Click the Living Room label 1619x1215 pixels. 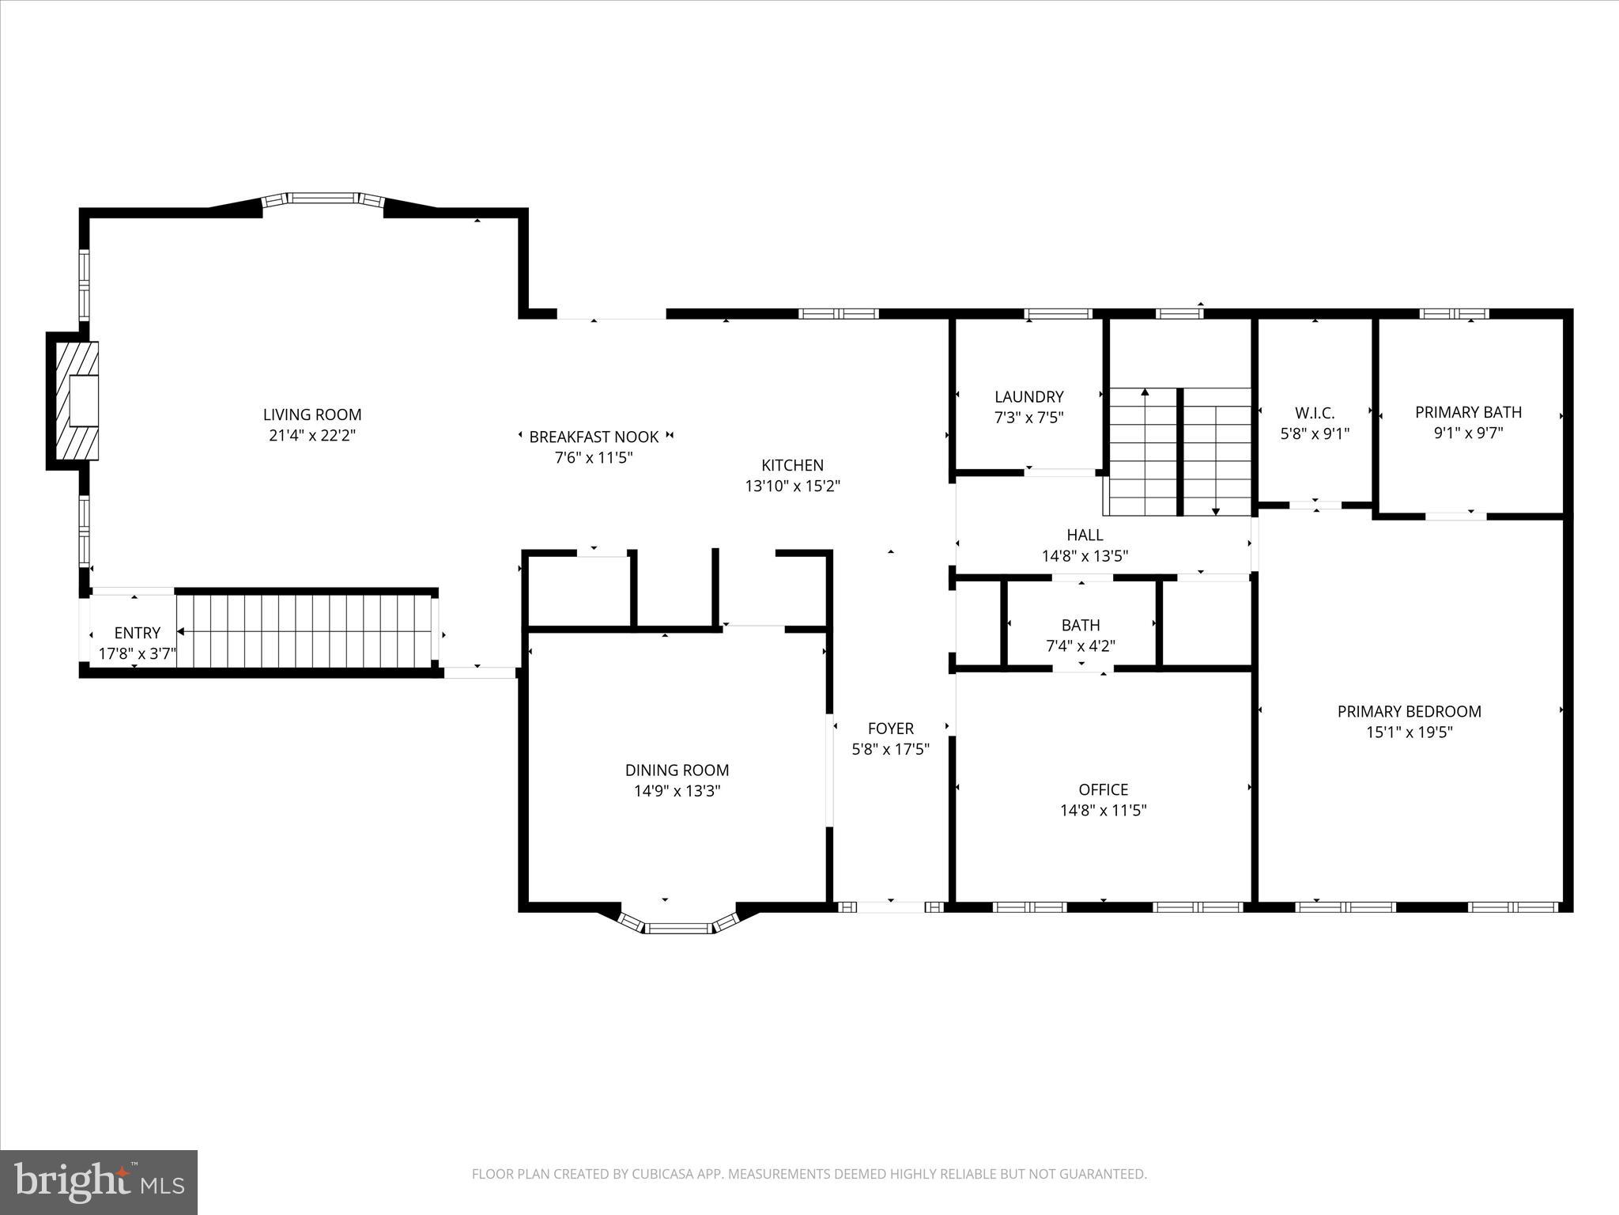click(311, 414)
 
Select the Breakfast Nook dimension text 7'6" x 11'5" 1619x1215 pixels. click(594, 457)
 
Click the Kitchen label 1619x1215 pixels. click(792, 465)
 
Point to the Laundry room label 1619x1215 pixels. click(1028, 397)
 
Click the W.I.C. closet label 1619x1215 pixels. click(1315, 413)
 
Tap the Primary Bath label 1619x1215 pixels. click(1468, 412)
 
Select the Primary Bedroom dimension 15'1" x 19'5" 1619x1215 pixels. click(1410, 732)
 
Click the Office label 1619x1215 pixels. click(1103, 789)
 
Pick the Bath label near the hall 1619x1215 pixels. click(1080, 625)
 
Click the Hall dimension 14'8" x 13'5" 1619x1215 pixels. click(1085, 556)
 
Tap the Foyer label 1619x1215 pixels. click(890, 729)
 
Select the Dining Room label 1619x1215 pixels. click(677, 770)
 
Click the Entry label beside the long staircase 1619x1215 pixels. click(137, 633)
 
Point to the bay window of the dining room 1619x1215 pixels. click(677, 926)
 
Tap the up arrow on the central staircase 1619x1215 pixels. click(1145, 393)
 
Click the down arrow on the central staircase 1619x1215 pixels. click(1215, 510)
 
